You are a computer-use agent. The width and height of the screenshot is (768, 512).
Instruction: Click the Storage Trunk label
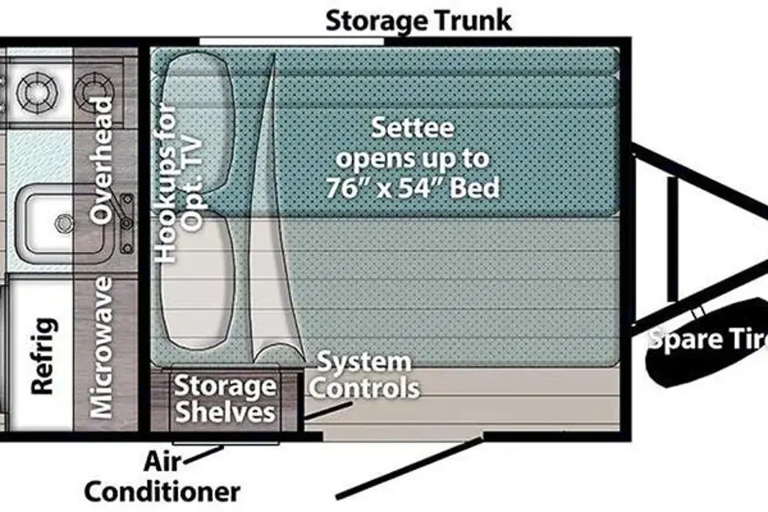(418, 21)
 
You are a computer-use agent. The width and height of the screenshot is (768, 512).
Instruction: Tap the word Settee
(414, 128)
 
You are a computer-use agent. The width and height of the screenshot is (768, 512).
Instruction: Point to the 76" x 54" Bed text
(413, 188)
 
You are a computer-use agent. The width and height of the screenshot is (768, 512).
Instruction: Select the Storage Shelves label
(225, 399)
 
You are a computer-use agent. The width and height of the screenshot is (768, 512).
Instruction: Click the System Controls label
(364, 375)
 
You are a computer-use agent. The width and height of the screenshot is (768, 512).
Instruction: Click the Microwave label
(102, 348)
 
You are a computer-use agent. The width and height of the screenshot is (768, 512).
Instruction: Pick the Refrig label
(43, 356)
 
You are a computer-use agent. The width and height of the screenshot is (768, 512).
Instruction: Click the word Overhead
(102, 160)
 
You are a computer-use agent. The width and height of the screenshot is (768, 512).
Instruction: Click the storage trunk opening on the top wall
(292, 39)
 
